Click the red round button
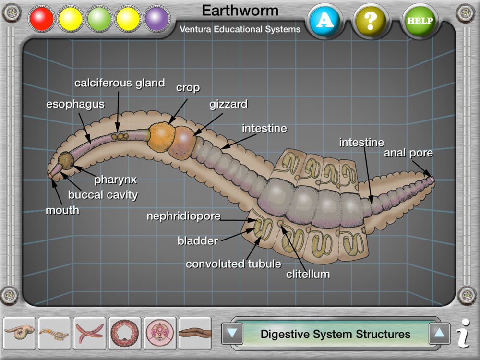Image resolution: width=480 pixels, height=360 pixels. pos(42,19)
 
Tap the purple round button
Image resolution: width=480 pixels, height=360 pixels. pos(157,19)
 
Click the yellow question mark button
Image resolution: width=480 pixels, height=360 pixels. pos(370,21)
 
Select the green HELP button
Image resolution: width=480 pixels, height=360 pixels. pos(420,21)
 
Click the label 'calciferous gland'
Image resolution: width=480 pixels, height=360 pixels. pos(120,83)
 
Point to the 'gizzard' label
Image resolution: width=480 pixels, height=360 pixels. pos(228,104)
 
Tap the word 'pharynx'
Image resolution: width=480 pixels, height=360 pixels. pos(115,180)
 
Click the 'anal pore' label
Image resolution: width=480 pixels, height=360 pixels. pos(408,153)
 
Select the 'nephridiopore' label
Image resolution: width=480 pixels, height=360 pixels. pos(183,216)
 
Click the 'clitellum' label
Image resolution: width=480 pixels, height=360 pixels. pos(308,275)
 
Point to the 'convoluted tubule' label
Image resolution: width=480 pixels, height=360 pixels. pos(233,264)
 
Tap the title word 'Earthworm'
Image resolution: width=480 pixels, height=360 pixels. pos(240,11)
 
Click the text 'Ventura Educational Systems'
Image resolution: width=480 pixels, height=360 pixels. pos(240,29)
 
